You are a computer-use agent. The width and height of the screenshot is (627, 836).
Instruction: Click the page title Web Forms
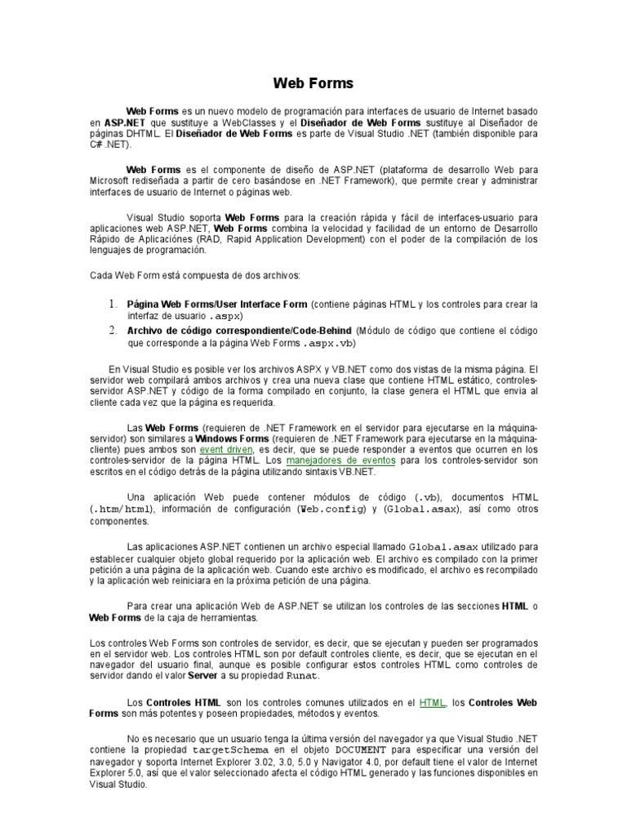pyautogui.click(x=313, y=82)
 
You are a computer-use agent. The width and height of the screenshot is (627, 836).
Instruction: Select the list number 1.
pyautogui.click(x=114, y=304)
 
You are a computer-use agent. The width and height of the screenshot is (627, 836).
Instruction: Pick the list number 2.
pyautogui.click(x=114, y=331)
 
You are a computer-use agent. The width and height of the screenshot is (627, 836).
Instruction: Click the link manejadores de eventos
pyautogui.click(x=341, y=460)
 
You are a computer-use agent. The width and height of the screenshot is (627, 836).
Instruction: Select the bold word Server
pyautogui.click(x=202, y=676)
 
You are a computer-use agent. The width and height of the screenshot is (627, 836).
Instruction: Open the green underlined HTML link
pyautogui.click(x=432, y=701)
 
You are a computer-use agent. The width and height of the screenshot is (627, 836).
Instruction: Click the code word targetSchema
pyautogui.click(x=224, y=750)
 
